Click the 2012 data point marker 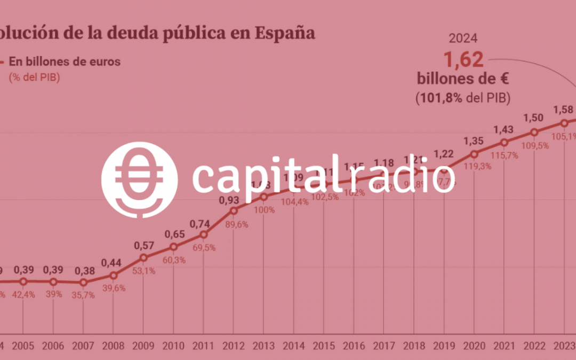click(234, 211)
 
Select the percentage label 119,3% click(474, 165)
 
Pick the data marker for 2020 click(474, 154)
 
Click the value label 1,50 click(534, 118)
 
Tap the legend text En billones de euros click(64, 61)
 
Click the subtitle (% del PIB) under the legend click(34, 77)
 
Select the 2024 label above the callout click(463, 38)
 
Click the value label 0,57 click(143, 245)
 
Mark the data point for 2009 click(143, 258)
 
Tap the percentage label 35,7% click(83, 295)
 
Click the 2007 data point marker click(83, 283)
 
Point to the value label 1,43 click(504, 129)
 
